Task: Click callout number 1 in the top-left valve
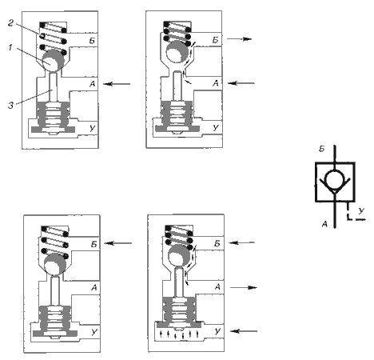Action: [x=10, y=48]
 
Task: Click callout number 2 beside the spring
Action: [x=10, y=23]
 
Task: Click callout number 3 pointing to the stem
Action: [x=10, y=106]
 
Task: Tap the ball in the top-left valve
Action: [x=53, y=61]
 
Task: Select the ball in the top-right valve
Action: [x=177, y=52]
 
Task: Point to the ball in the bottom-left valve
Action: [x=55, y=264]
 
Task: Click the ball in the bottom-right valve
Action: [x=179, y=256]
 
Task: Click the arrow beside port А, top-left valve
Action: [x=117, y=84]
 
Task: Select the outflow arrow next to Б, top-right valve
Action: [x=239, y=39]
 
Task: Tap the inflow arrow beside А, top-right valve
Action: [x=241, y=83]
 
